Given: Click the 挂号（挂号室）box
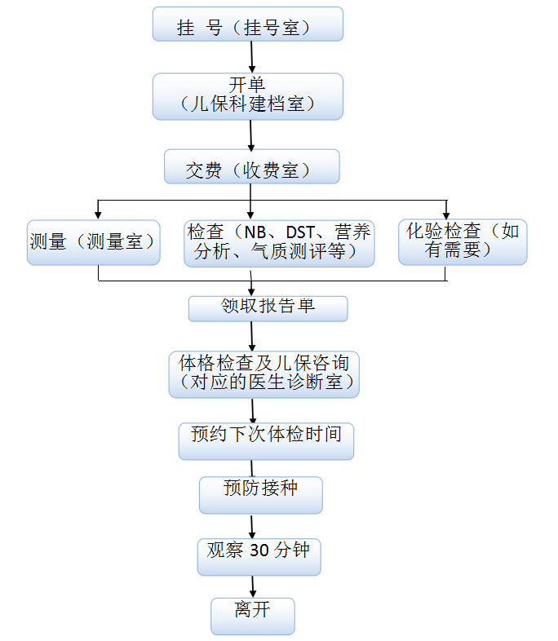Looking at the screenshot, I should pos(247,24).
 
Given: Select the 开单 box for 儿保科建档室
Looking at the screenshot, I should pos(247,96).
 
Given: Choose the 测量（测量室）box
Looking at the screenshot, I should pos(92,242).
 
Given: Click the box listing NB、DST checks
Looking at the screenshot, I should pos(279,242).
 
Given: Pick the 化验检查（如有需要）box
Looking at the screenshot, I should pos(463,242).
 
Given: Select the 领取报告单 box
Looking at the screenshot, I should pos(268,308).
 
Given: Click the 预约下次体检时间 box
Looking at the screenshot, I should pos(265,440).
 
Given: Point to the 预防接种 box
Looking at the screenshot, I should pos(261,494).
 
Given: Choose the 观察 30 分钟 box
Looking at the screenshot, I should pos(258,556).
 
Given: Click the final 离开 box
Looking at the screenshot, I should pos(252,617).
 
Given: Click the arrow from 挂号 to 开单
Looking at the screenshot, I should pos(252,56).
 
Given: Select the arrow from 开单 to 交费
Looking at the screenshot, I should pos(251,134).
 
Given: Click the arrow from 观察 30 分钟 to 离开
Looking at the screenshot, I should pos(253,586).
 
